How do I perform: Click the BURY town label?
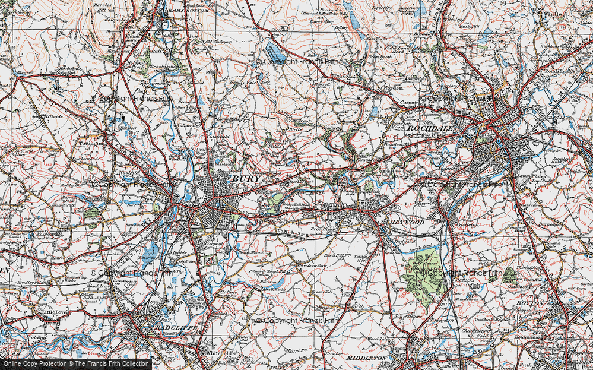[244, 178]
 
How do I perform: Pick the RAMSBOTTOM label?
[187, 11]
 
